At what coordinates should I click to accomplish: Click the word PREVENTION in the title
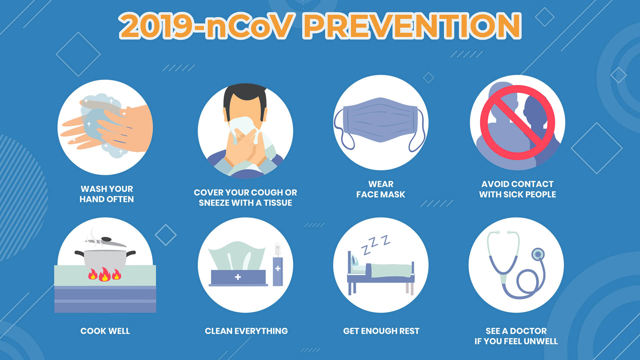(x=413, y=26)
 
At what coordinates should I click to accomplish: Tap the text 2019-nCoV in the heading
(x=207, y=26)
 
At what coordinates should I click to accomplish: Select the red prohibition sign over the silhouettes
(x=517, y=122)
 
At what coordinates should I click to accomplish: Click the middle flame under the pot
(x=104, y=275)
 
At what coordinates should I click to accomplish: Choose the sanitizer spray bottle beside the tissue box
(x=278, y=268)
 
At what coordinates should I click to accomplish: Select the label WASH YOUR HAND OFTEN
(x=107, y=194)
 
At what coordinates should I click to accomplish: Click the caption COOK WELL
(x=105, y=331)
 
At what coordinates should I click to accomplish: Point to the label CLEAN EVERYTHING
(x=246, y=331)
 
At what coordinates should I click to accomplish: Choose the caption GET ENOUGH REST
(x=381, y=331)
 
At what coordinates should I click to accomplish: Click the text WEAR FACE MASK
(x=381, y=189)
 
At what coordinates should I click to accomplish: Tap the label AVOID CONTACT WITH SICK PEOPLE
(x=517, y=189)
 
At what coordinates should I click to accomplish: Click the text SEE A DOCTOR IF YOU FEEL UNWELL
(x=516, y=336)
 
